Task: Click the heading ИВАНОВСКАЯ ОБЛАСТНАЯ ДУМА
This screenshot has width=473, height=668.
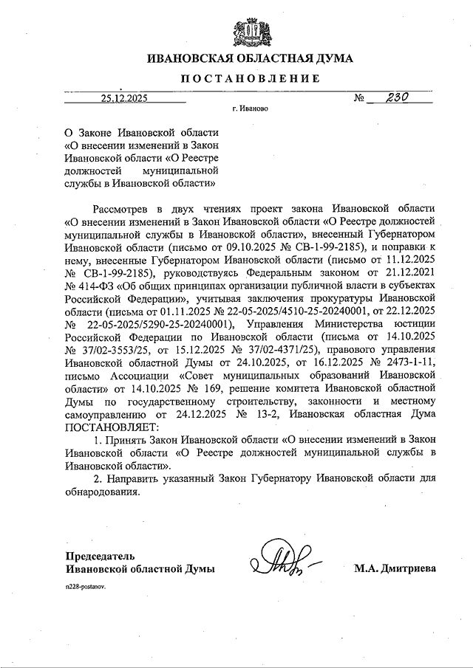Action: tap(250, 58)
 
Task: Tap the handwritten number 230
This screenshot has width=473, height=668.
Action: tap(391, 96)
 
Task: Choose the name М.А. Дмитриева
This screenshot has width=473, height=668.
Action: tap(395, 568)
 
